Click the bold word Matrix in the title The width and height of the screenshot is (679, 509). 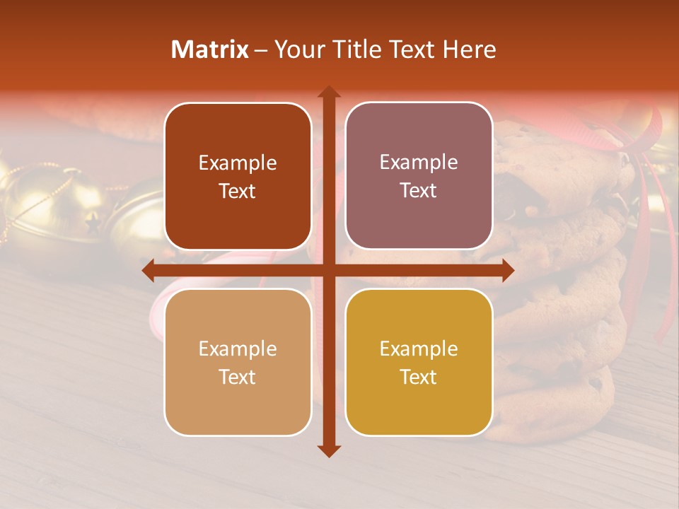click(x=210, y=49)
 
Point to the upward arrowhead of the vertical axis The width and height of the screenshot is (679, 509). click(x=328, y=92)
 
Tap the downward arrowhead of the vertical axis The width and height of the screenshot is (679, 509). click(x=328, y=450)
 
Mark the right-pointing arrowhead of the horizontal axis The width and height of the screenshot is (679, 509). click(x=507, y=270)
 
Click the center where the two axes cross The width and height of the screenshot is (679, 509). click(x=328, y=270)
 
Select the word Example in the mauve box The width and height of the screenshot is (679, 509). click(x=419, y=162)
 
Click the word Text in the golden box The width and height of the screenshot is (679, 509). click(x=419, y=377)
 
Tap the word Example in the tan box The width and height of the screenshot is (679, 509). click(x=238, y=349)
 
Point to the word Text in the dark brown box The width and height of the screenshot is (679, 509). click(x=238, y=191)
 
